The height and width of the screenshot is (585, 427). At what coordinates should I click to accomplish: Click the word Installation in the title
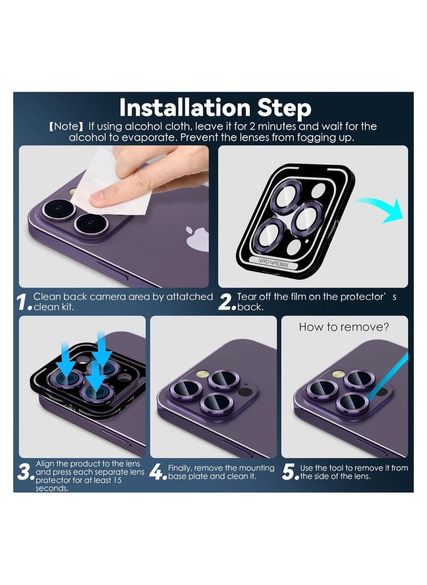pyautogui.click(x=184, y=108)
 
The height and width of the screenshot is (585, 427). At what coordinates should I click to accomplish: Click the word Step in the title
pyautogui.click(x=284, y=108)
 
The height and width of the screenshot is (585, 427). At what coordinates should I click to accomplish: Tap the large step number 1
pyautogui.click(x=22, y=302)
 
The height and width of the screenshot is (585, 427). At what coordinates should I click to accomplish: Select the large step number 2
pyautogui.click(x=226, y=302)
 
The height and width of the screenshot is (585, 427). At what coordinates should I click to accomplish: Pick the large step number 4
pyautogui.click(x=156, y=472)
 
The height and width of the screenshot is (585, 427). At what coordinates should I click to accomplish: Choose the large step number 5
pyautogui.click(x=289, y=472)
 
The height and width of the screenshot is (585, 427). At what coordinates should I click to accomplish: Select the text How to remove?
pyautogui.click(x=344, y=327)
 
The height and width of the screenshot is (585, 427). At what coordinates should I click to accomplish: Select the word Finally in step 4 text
pyautogui.click(x=180, y=468)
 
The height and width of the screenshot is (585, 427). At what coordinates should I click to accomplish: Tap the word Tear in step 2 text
pyautogui.click(x=246, y=297)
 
